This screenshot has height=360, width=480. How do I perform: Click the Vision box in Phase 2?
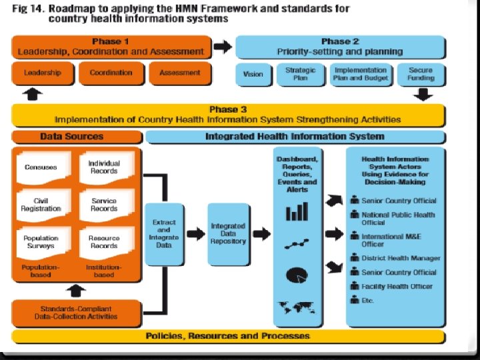tap(253, 74)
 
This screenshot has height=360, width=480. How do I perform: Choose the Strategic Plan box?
tap(301, 74)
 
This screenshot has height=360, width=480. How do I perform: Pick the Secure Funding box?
tap(421, 74)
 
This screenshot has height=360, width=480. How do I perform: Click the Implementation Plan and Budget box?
tap(360, 74)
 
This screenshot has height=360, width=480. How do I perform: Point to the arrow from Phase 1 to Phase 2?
tap(223, 47)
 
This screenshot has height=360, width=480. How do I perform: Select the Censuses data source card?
tap(41, 167)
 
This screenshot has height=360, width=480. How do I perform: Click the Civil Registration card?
tap(41, 204)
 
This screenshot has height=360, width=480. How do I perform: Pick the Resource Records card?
tap(104, 241)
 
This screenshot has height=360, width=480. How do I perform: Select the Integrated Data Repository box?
tap(228, 233)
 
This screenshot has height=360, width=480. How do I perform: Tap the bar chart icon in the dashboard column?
tap(297, 213)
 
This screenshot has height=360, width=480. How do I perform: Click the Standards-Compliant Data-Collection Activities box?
tap(76, 313)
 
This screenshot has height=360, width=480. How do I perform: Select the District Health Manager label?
tap(400, 258)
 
